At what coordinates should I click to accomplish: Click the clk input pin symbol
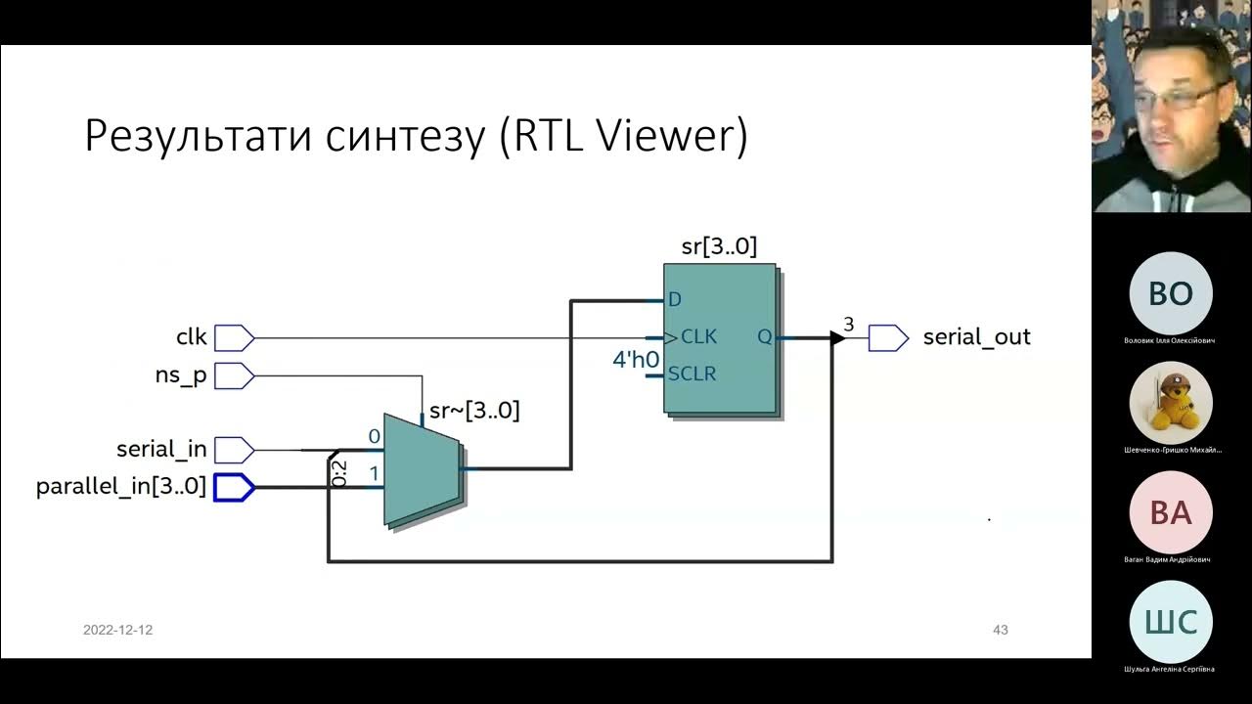pyautogui.click(x=234, y=337)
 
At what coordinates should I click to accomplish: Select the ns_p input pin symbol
pyautogui.click(x=234, y=375)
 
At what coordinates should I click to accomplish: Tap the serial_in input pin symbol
pyautogui.click(x=234, y=450)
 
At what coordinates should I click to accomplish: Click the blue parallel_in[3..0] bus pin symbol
pyautogui.click(x=234, y=486)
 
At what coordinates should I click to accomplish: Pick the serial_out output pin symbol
pyautogui.click(x=888, y=337)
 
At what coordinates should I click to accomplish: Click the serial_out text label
pyautogui.click(x=976, y=337)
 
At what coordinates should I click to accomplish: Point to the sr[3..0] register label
pyautogui.click(x=719, y=246)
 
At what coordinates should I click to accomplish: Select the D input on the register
pyautogui.click(x=674, y=300)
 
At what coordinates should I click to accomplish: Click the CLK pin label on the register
pyautogui.click(x=698, y=336)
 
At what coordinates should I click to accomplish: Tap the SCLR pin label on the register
pyautogui.click(x=692, y=374)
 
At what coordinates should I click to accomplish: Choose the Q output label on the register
pyautogui.click(x=764, y=336)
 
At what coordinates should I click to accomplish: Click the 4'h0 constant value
pyautogui.click(x=636, y=360)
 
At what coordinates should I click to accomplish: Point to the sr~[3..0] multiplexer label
pyautogui.click(x=474, y=412)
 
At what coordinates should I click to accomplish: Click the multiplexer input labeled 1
pyautogui.click(x=373, y=474)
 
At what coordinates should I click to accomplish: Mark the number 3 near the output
pyautogui.click(x=848, y=324)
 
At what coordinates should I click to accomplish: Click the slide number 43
pyautogui.click(x=1000, y=630)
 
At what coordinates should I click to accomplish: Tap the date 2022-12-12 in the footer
pyautogui.click(x=117, y=630)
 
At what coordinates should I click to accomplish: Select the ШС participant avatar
pyautogui.click(x=1171, y=622)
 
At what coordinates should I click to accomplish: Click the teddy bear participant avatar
pyautogui.click(x=1171, y=403)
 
